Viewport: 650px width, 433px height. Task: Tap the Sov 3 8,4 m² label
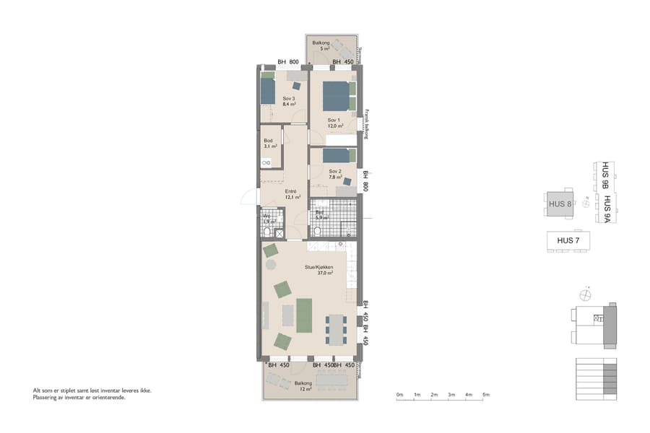[x=290, y=101]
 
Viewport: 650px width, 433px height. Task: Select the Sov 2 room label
[x=334, y=174]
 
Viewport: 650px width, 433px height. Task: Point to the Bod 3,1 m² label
[x=269, y=144]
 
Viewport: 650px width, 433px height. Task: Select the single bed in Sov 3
[x=268, y=92]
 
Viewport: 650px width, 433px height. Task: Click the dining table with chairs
[x=336, y=329]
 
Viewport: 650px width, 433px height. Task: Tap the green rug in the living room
[x=304, y=315]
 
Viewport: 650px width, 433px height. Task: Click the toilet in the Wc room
[x=266, y=232]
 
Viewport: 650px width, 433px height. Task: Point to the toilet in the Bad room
[x=317, y=231]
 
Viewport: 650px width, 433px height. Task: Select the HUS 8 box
[x=560, y=204]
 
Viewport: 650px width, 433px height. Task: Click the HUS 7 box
[x=568, y=240]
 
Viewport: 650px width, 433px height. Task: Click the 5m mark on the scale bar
[x=486, y=395]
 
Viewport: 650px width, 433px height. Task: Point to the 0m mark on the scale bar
[x=399, y=395]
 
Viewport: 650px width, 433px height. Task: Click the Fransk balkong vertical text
[x=367, y=123]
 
